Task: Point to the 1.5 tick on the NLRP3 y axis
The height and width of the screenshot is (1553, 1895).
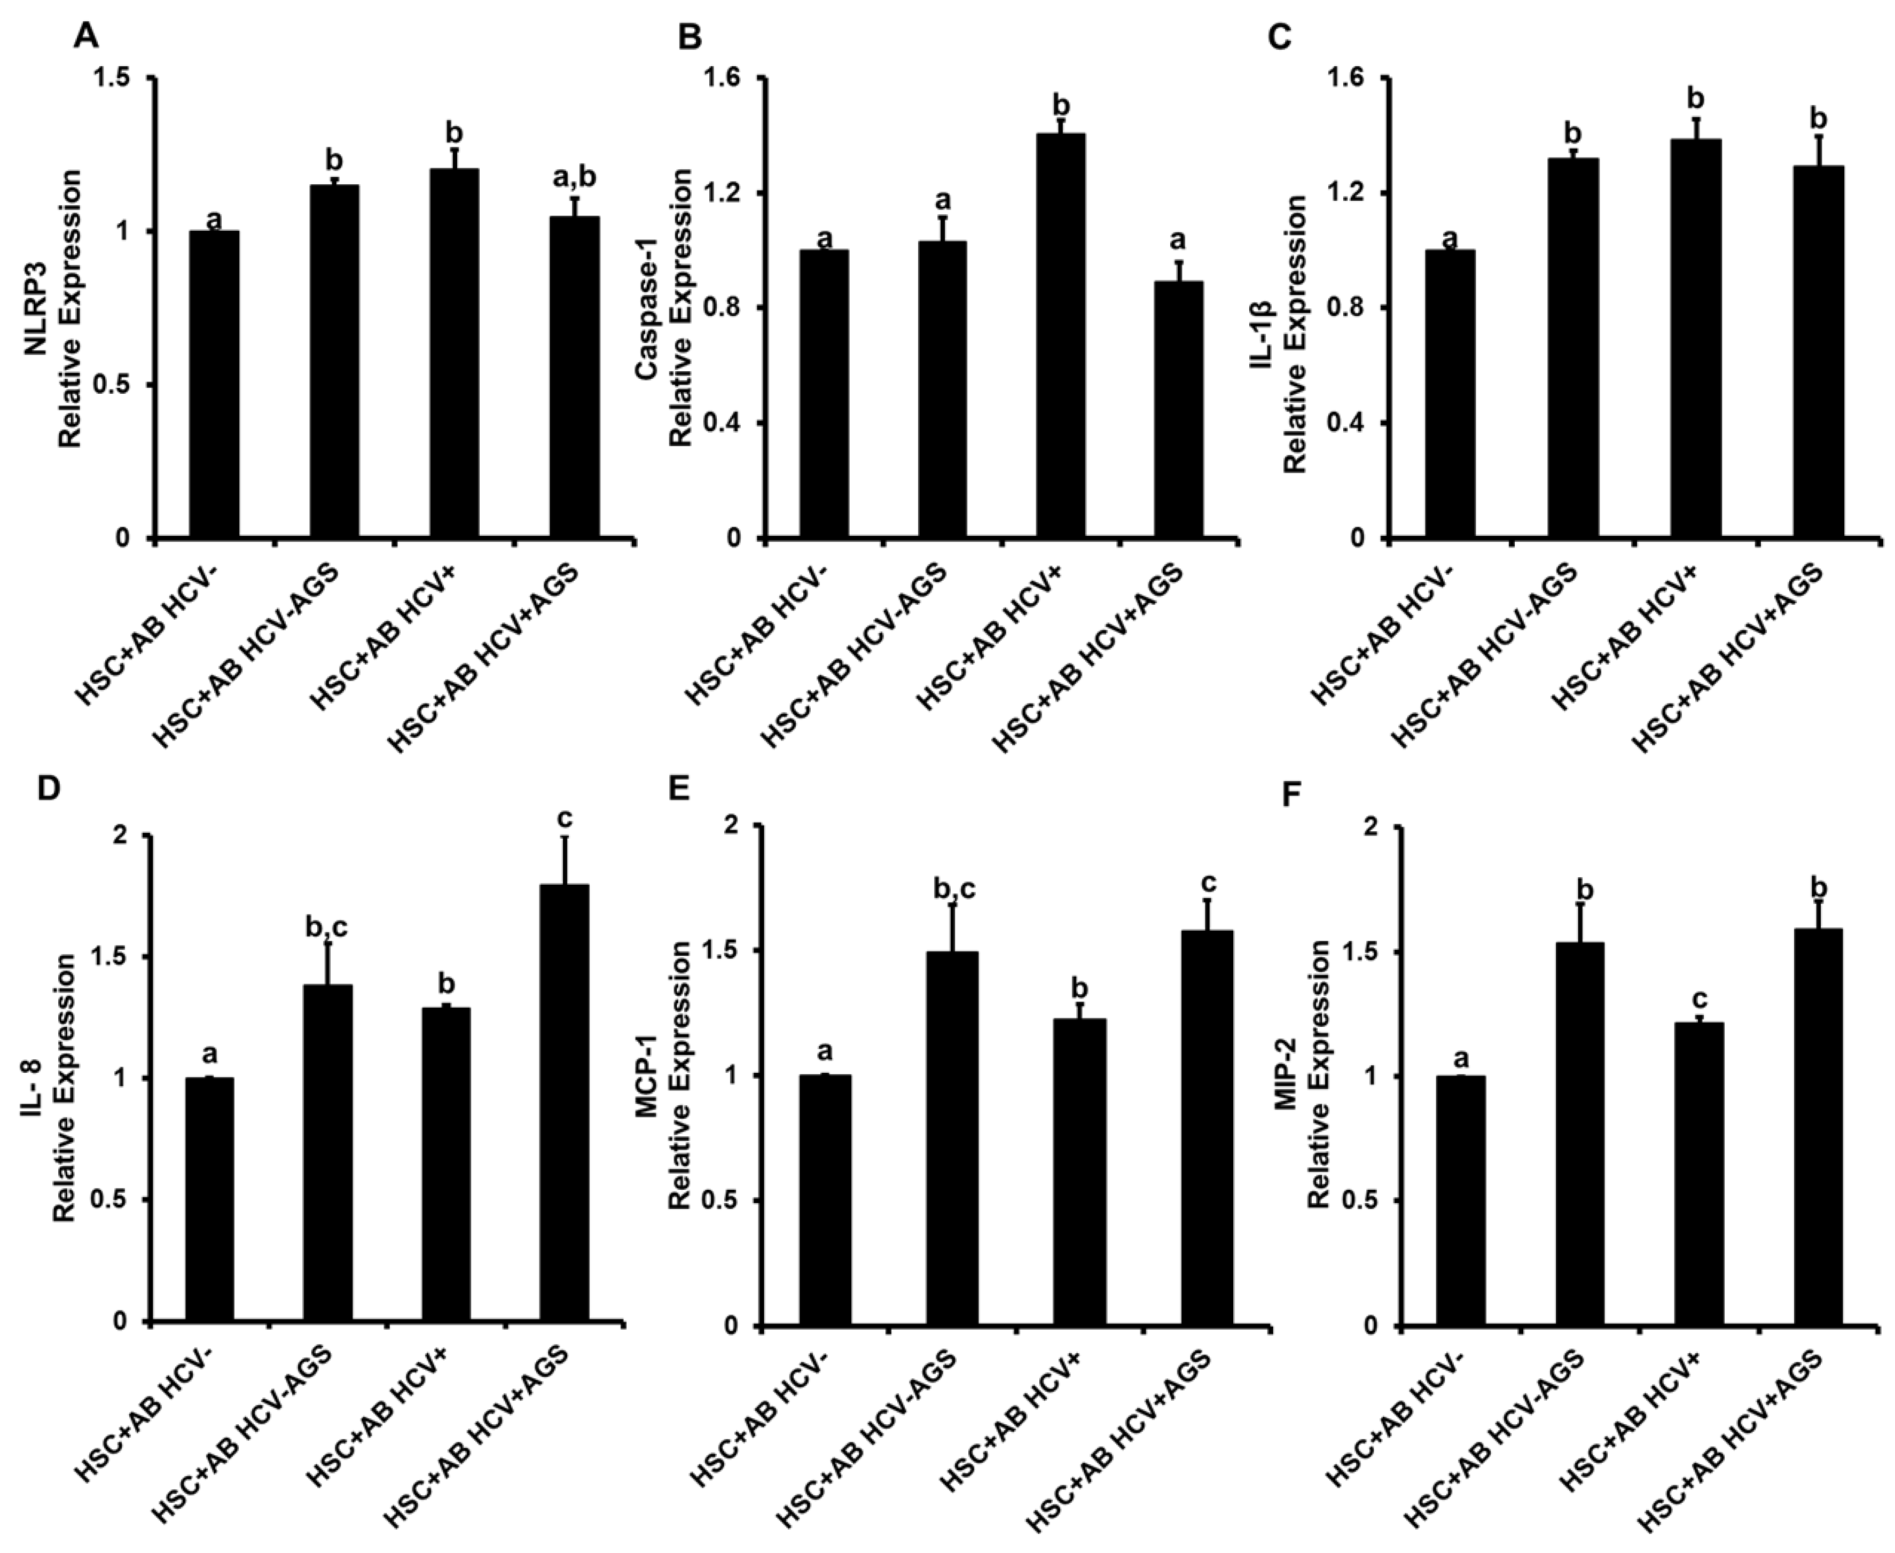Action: pos(117,79)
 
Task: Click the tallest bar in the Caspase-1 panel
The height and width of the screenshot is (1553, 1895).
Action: pos(1061,335)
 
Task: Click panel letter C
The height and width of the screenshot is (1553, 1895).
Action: pos(1281,37)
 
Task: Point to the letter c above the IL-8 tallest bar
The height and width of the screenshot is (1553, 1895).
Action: pos(565,818)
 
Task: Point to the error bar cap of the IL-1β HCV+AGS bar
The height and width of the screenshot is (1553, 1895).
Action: pos(1818,136)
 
